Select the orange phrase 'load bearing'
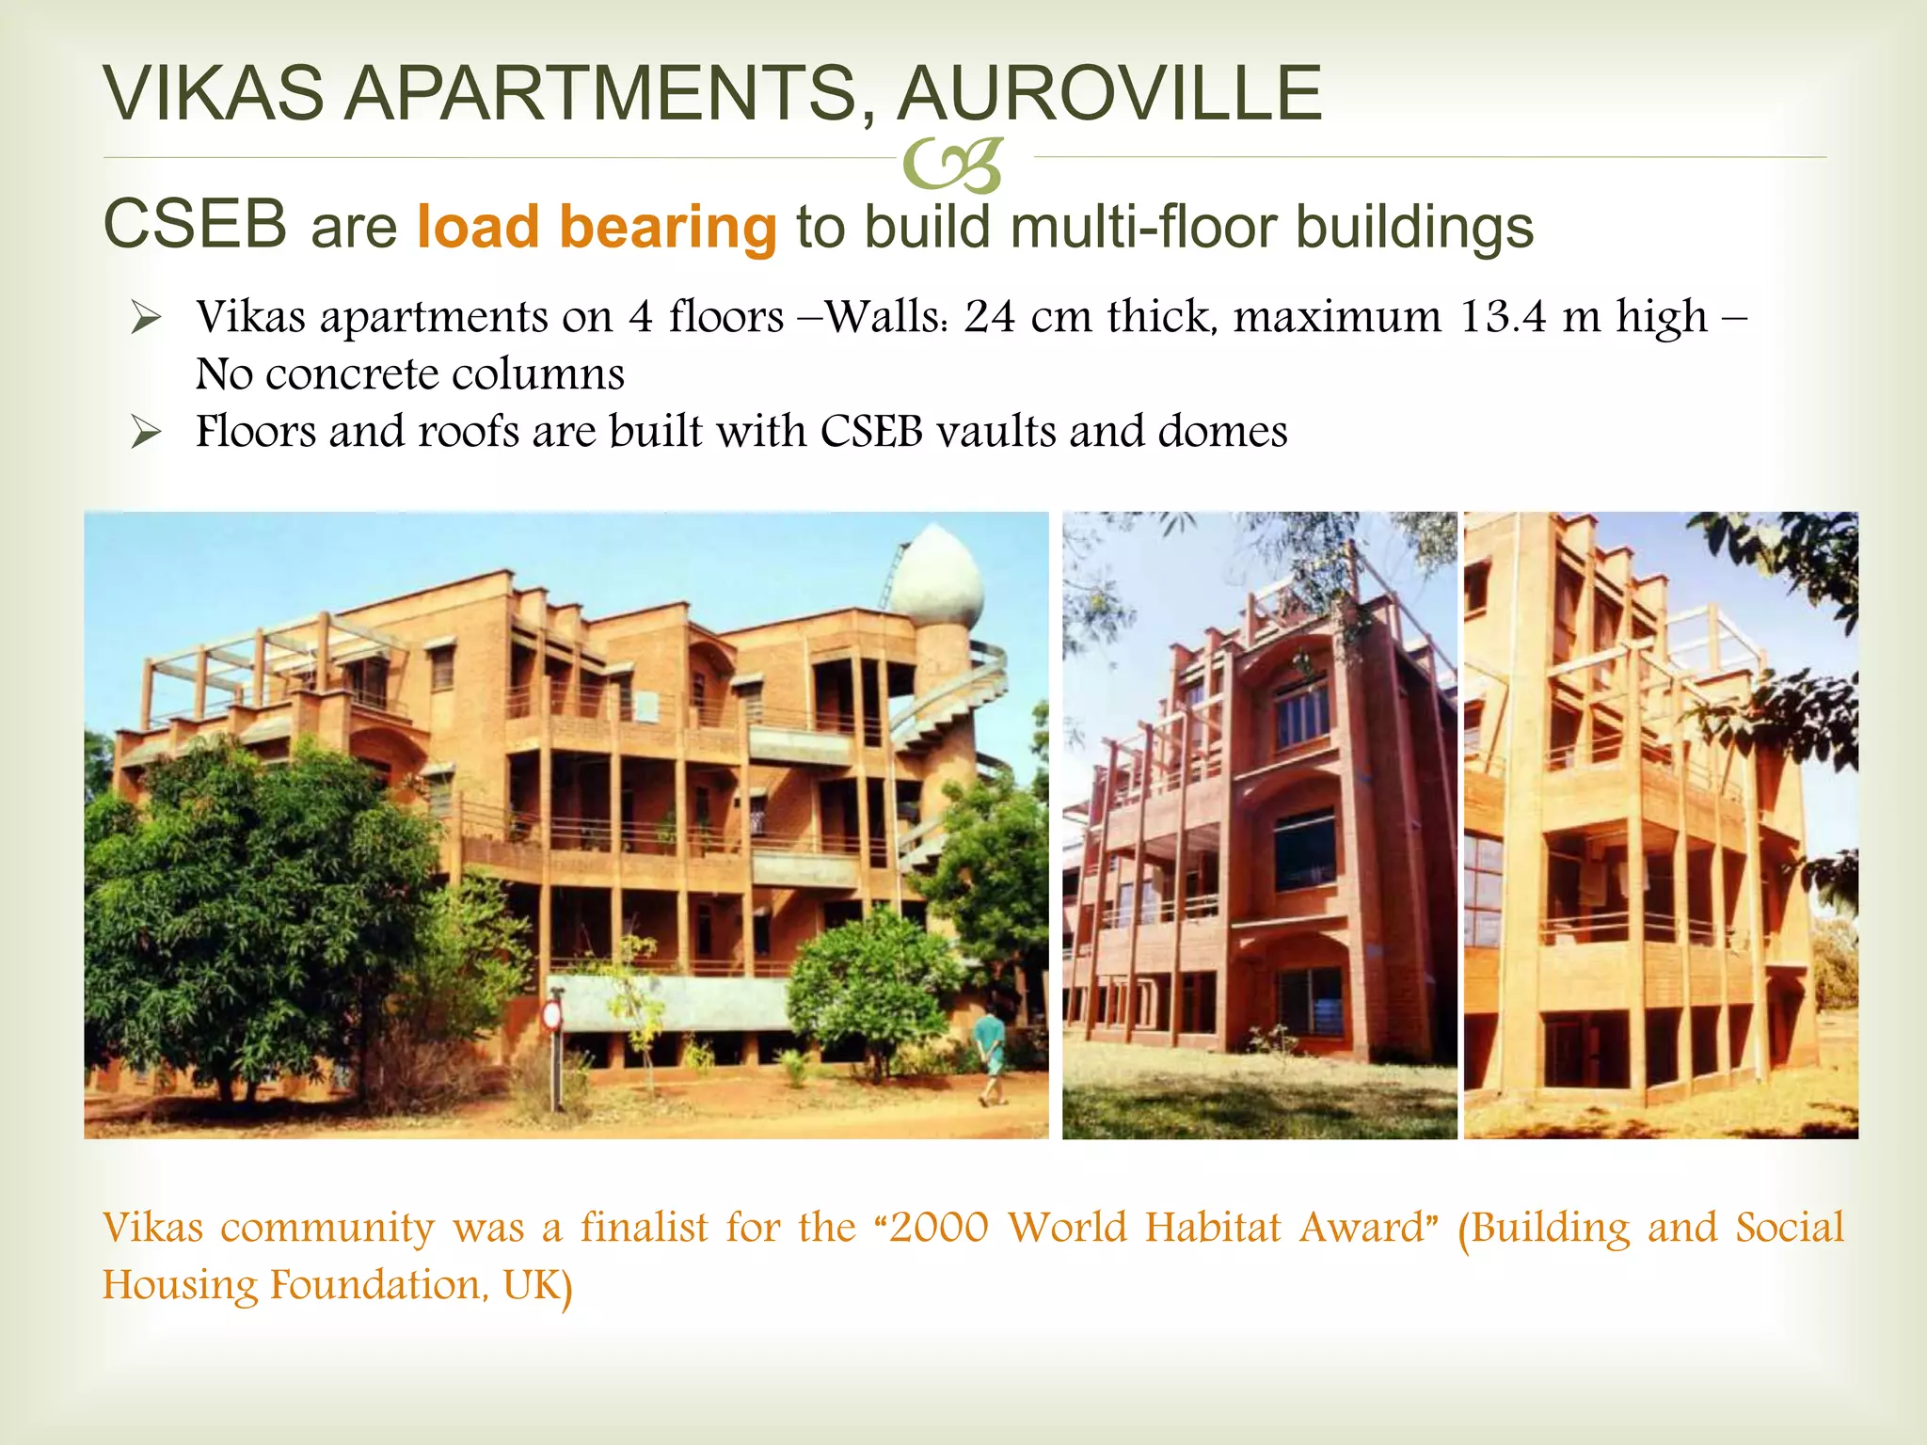tap(597, 228)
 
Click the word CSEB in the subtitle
tap(195, 226)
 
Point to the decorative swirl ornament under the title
tap(951, 166)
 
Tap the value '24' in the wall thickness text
tap(990, 317)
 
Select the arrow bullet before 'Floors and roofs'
tap(146, 434)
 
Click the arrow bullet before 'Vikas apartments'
tap(146, 319)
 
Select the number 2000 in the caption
tap(938, 1228)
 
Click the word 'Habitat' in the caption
tap(1213, 1228)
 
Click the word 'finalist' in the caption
tap(644, 1228)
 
